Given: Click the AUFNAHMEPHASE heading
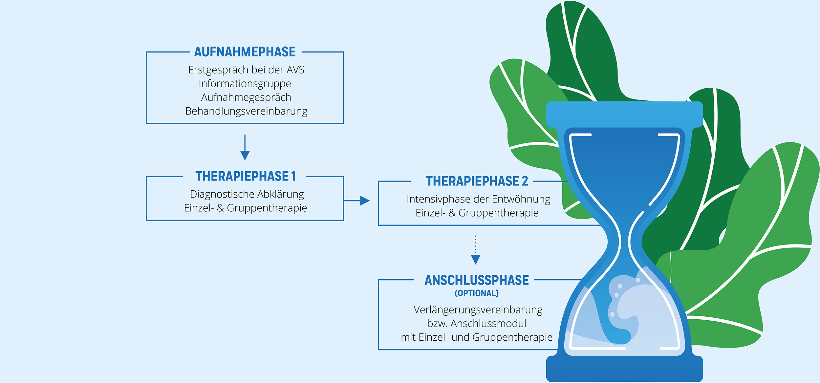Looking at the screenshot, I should [x=245, y=52].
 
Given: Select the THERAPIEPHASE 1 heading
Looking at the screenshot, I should [x=245, y=176].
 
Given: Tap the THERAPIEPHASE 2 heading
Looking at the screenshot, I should [x=477, y=181].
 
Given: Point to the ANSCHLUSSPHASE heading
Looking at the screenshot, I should [x=477, y=280].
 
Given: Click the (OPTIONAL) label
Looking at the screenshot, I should [x=477, y=293].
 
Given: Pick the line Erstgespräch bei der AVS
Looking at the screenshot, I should [x=246, y=70].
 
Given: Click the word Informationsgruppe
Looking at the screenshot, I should [x=245, y=84].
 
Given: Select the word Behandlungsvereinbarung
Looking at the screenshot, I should [x=246, y=111].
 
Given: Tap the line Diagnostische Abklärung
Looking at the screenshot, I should [x=247, y=194].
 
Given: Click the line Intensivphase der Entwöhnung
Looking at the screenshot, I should [x=478, y=199].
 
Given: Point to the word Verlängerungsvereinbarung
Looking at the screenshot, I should [x=478, y=310].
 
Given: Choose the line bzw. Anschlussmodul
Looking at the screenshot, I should [x=477, y=324].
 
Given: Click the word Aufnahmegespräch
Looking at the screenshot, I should [x=246, y=97].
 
